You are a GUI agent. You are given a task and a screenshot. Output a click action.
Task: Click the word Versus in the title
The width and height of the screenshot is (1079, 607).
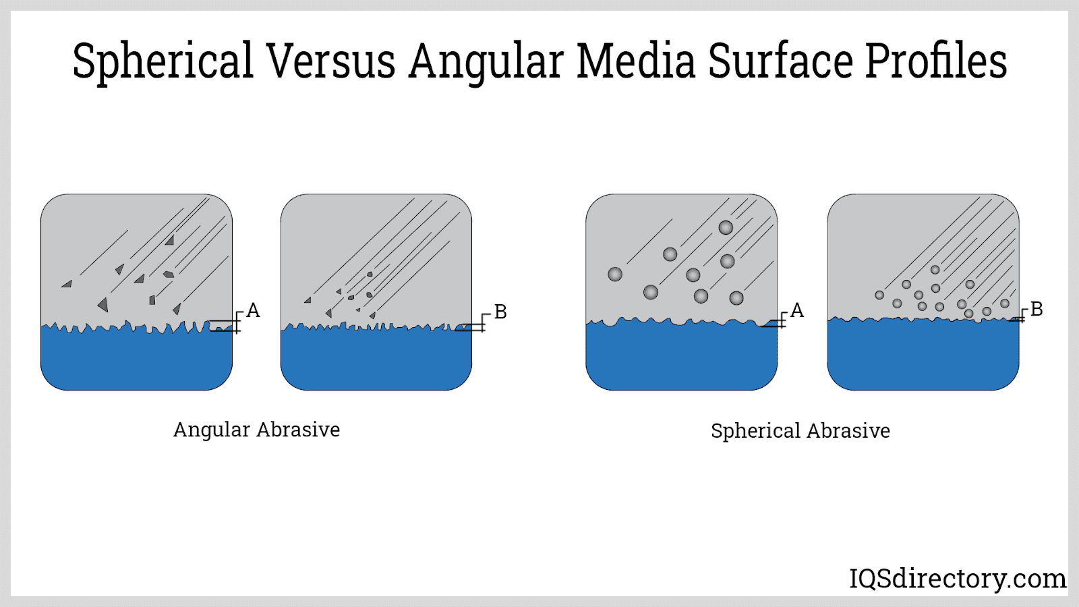coord(330,61)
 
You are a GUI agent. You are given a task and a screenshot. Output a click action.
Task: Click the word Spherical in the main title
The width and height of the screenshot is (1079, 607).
coord(163,63)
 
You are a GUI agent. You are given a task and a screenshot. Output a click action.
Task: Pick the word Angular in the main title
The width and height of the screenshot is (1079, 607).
coord(485,63)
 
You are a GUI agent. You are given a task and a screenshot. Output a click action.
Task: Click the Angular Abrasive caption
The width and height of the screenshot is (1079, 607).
coord(256,430)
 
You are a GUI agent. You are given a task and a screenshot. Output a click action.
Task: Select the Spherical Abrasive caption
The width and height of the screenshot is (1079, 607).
coord(800,431)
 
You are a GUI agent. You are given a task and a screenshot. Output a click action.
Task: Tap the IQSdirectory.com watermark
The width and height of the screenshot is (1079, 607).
coord(957,579)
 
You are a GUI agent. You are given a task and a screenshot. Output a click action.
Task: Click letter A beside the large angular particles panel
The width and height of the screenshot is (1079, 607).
coord(253,310)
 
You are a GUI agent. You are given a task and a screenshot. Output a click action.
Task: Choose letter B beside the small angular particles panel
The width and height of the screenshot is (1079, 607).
coord(500,312)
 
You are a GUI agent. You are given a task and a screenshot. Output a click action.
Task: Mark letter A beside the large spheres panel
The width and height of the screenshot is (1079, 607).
coord(797,310)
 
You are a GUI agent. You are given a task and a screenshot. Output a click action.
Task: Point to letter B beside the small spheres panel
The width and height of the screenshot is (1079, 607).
coord(1037,309)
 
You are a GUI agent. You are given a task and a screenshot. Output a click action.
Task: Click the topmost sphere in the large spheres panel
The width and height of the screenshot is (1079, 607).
coord(726,227)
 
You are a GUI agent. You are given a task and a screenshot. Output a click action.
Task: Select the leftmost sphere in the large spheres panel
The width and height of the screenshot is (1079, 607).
coord(615,274)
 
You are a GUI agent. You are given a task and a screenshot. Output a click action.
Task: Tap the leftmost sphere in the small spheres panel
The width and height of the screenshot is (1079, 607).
coord(879,295)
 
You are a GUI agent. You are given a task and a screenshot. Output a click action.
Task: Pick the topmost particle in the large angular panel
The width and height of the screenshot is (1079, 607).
coord(170,240)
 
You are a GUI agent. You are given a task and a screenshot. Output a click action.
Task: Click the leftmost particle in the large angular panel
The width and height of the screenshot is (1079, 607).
coord(67,285)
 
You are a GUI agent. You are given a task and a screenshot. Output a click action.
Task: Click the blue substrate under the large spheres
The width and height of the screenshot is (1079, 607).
coord(681,357)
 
